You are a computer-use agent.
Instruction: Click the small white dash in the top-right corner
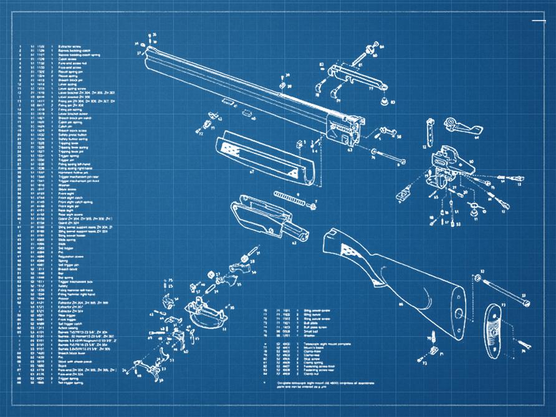point(539,21)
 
